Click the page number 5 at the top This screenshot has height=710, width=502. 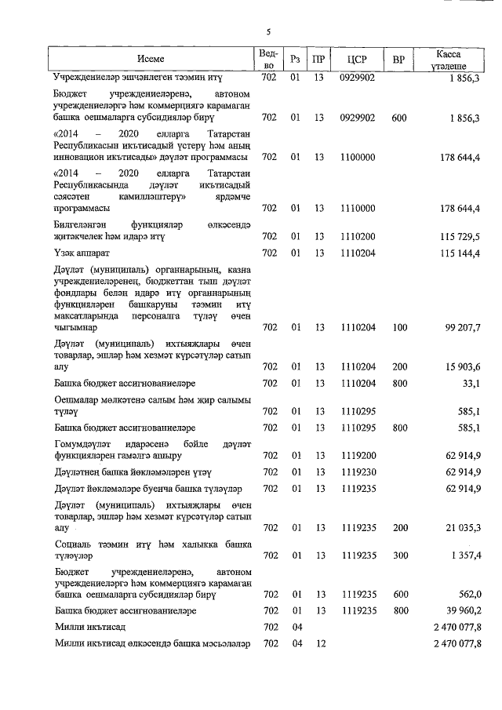click(x=267, y=32)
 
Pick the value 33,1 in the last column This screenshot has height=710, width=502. click(x=471, y=383)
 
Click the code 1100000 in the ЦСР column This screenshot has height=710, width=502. click(x=357, y=157)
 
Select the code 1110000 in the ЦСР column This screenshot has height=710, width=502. click(x=357, y=208)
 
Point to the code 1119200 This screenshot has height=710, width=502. click(x=357, y=455)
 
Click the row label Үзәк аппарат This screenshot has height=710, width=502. click(x=82, y=253)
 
